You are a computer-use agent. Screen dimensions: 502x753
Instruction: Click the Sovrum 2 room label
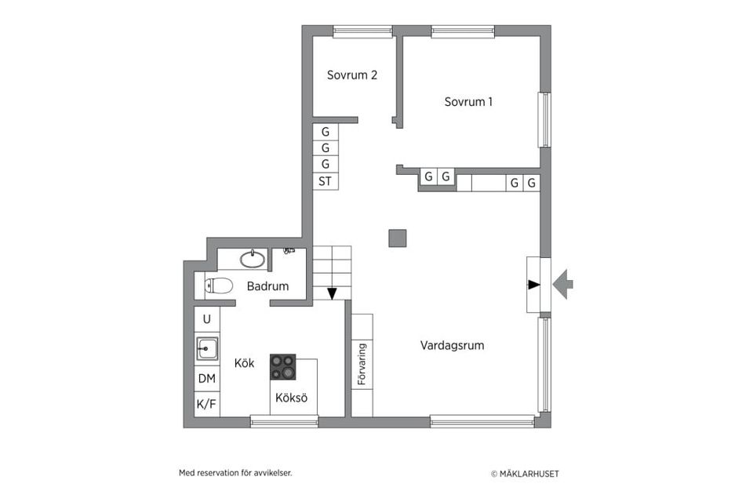[x=352, y=76]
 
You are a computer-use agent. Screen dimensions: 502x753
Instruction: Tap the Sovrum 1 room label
[x=468, y=102]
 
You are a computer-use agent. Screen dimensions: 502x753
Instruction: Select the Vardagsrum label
[x=452, y=345]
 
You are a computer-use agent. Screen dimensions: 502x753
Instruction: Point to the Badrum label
[x=267, y=286]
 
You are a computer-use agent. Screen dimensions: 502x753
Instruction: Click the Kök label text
[x=245, y=363]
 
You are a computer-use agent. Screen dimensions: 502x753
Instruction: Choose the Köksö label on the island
[x=291, y=398]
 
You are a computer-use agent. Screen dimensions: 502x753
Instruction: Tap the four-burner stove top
[x=283, y=366]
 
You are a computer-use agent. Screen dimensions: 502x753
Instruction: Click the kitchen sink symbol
[x=207, y=347]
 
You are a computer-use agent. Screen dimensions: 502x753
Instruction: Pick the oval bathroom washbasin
[x=252, y=259]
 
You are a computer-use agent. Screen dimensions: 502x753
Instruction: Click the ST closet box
[x=325, y=181]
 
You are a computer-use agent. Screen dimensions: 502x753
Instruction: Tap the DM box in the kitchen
[x=206, y=379]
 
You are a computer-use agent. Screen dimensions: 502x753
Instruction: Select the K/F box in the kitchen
[x=206, y=404]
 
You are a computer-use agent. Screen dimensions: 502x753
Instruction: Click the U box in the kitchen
[x=206, y=319]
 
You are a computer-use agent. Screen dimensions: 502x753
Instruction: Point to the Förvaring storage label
[x=362, y=365]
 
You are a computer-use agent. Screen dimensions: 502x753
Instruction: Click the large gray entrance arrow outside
[x=563, y=284]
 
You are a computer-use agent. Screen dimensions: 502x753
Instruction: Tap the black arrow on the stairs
[x=332, y=293]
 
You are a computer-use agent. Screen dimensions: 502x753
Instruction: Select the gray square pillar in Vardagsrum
[x=398, y=238]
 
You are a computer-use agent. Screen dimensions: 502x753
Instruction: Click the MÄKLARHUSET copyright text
[x=525, y=474]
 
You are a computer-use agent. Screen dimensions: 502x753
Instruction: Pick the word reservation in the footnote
[x=220, y=473]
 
